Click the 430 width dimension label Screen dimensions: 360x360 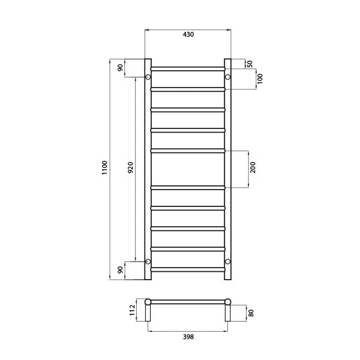coord(188,35)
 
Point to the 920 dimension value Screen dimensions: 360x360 coord(130,169)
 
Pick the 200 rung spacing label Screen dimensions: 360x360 coord(253,169)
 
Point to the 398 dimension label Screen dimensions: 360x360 coord(188,337)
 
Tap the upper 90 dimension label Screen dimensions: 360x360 coord(121,68)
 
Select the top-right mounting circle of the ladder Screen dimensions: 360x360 coord(227,77)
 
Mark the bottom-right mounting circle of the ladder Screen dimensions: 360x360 coord(227,261)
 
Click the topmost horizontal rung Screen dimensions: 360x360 coord(188,68)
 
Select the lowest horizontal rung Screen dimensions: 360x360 coord(188,268)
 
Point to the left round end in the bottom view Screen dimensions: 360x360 coord(149,302)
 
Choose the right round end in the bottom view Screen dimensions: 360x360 coord(227,302)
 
